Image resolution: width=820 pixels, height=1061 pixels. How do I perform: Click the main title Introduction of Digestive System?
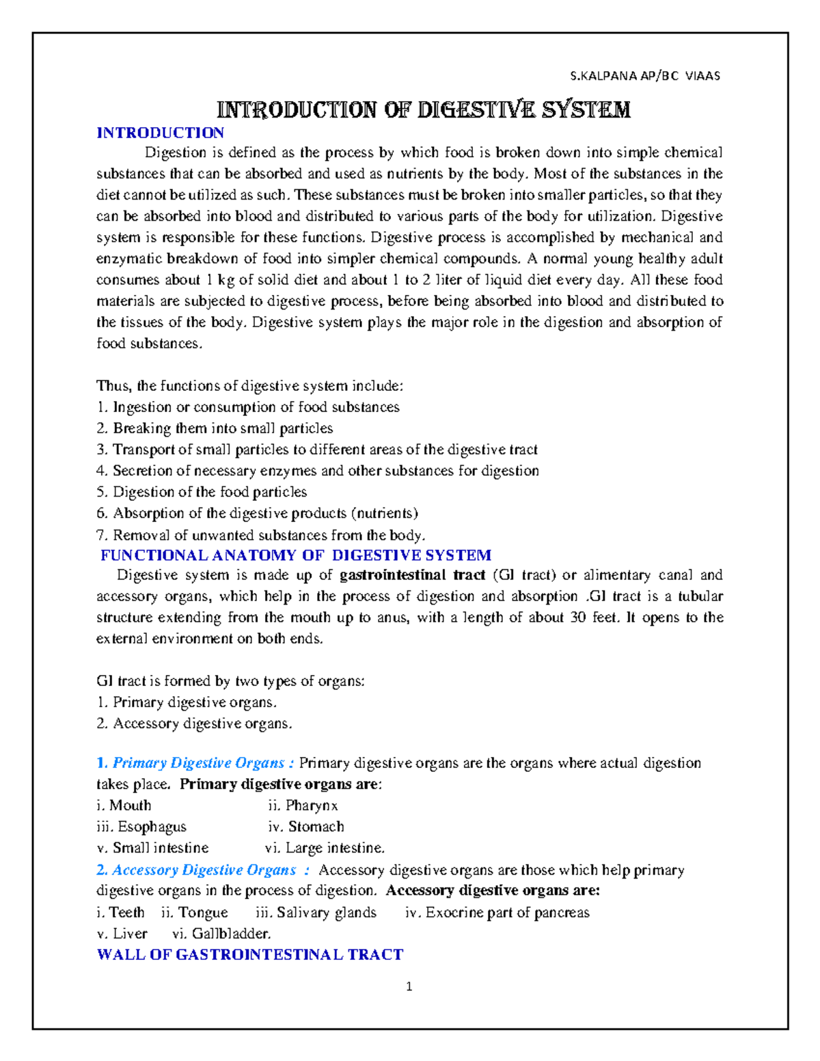(423, 109)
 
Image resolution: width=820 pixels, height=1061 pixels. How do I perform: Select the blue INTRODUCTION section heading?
(160, 133)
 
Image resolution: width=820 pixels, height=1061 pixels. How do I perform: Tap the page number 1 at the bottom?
(409, 987)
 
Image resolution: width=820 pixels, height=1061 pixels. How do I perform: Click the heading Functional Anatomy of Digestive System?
(295, 555)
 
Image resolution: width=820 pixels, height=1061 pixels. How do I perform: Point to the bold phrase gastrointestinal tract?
(412, 575)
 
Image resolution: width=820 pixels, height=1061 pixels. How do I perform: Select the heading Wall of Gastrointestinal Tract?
(250, 954)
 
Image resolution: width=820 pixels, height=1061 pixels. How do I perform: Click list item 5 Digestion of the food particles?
(202, 492)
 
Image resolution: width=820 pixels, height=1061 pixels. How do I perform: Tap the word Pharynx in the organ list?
(312, 805)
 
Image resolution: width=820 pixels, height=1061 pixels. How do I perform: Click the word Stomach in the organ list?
(316, 827)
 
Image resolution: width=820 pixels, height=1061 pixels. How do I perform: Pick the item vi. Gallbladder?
(222, 933)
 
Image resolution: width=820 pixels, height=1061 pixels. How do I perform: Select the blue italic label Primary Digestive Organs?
(198, 763)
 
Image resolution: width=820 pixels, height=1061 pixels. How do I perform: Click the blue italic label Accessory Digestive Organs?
(204, 870)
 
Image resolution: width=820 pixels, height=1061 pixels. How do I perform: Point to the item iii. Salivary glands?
(316, 913)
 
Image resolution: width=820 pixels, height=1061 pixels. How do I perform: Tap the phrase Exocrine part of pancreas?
(507, 913)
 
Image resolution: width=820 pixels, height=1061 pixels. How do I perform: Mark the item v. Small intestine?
(152, 848)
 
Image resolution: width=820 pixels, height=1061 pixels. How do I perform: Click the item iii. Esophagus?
(141, 827)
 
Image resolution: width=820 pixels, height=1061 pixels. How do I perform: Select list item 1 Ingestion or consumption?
(248, 407)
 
